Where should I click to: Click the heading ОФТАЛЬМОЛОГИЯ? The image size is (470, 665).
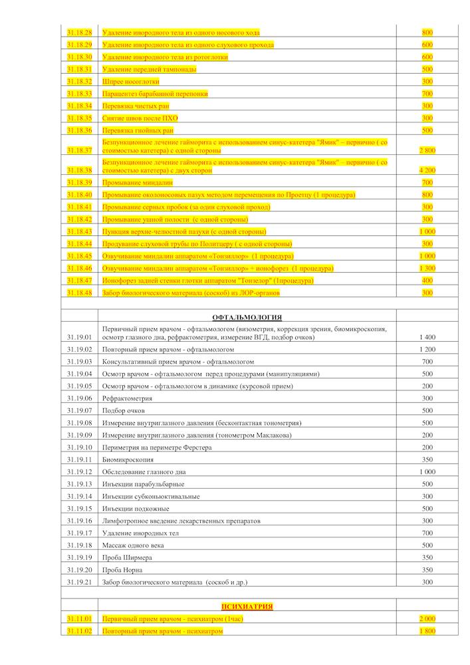(247, 317)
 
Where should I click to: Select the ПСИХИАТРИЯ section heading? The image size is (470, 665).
(247, 606)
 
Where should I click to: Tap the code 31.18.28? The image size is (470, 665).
(79, 33)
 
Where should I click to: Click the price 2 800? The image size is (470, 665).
(427, 150)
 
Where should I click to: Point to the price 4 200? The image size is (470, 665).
(427, 170)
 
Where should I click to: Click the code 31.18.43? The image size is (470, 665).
(79, 231)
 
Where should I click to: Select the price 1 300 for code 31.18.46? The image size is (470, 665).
(427, 268)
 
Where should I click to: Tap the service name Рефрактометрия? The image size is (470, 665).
(127, 398)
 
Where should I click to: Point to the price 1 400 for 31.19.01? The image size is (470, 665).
(427, 337)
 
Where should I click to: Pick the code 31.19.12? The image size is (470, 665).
(79, 471)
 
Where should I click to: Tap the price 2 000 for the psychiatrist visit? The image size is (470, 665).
(427, 618)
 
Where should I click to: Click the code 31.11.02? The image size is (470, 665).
(79, 630)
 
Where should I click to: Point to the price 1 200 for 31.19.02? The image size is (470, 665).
(427, 349)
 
